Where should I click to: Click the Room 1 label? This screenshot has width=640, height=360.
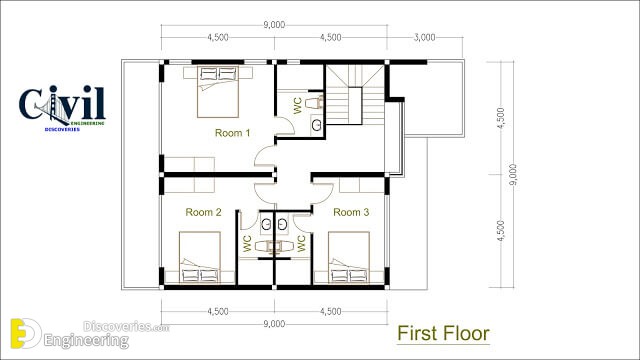(232, 133)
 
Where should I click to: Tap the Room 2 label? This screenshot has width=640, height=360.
(203, 212)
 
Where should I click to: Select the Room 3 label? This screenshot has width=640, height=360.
(351, 212)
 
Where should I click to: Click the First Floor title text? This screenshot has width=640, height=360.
(443, 333)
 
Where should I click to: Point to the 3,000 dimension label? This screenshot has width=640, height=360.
(424, 38)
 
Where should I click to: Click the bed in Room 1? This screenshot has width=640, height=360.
(218, 92)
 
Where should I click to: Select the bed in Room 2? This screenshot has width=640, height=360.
(200, 258)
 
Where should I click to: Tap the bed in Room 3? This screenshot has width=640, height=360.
(349, 258)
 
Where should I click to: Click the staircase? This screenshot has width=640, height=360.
(355, 95)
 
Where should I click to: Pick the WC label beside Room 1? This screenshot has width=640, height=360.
(298, 106)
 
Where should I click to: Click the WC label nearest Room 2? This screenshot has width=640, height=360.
(247, 243)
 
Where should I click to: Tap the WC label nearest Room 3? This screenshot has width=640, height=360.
(301, 243)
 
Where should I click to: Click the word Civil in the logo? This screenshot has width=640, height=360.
(62, 103)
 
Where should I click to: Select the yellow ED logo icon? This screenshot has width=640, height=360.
(25, 333)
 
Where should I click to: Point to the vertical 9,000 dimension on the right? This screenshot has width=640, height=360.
(513, 175)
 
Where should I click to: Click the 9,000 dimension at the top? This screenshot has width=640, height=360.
(274, 25)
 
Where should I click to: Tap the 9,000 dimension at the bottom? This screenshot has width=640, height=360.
(274, 324)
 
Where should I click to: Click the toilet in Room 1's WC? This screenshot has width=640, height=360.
(315, 102)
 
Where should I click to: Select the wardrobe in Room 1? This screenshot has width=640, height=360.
(189, 164)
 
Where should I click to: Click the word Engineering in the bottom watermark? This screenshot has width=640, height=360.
(86, 340)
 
